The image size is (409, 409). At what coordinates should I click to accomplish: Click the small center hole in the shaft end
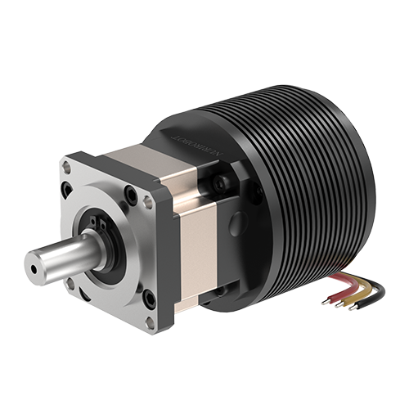(x=33, y=266)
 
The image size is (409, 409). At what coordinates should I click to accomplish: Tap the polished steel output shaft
(x=61, y=257)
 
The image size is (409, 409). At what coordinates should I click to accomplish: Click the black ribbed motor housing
(x=319, y=180)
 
